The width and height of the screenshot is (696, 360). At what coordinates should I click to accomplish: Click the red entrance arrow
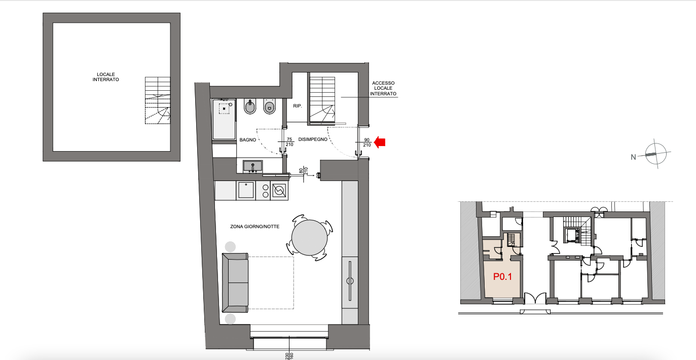pyautogui.click(x=379, y=142)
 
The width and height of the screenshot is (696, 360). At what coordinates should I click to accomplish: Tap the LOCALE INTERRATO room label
pyautogui.click(x=105, y=77)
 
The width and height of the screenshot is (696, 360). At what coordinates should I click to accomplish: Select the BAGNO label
pyautogui.click(x=248, y=140)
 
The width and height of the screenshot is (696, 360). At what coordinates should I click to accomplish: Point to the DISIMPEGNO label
pyautogui.click(x=313, y=139)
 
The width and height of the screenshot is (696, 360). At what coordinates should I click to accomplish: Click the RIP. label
pyautogui.click(x=298, y=106)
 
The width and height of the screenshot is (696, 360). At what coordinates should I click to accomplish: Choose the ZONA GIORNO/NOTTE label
pyautogui.click(x=255, y=227)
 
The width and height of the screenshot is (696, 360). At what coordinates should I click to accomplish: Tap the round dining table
pyautogui.click(x=309, y=238)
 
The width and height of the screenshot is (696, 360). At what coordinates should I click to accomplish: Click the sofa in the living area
pyautogui.click(x=235, y=282)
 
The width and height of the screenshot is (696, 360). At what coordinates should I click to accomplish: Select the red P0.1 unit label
pyautogui.click(x=502, y=277)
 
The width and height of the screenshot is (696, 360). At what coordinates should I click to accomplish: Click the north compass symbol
pyautogui.click(x=655, y=154)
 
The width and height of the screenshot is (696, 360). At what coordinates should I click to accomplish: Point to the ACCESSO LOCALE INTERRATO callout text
pyautogui.click(x=383, y=88)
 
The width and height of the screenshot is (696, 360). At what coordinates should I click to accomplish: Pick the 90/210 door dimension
pyautogui.click(x=367, y=142)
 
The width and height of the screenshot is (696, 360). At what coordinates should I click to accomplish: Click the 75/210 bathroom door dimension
pyautogui.click(x=289, y=142)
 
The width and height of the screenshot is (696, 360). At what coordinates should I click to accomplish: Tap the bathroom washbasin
pyautogui.click(x=252, y=166)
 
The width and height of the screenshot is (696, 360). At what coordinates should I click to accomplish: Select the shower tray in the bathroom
pyautogui.click(x=224, y=119)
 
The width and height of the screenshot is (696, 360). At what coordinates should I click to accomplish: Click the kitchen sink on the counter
pyautogui.click(x=245, y=190)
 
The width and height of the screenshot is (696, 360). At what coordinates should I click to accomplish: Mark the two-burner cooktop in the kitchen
pyautogui.click(x=265, y=191)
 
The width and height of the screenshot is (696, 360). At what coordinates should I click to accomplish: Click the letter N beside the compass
pyautogui.click(x=633, y=157)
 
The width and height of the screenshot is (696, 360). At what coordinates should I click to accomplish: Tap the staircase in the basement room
pyautogui.click(x=158, y=100)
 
